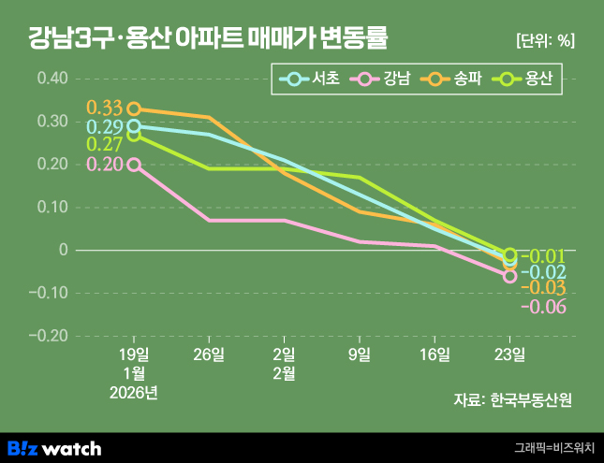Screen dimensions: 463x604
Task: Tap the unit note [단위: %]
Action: point(545,40)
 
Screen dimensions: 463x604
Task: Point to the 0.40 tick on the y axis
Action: point(52,79)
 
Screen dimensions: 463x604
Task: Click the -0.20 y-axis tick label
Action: point(50,336)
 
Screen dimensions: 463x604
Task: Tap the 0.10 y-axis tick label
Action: point(52,208)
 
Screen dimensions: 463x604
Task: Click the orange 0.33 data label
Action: point(104,109)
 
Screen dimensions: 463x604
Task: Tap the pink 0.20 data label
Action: point(105,165)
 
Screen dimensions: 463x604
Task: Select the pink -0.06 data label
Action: point(544,307)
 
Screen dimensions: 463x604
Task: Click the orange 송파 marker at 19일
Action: point(134,109)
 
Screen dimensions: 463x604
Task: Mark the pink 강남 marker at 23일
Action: point(509,276)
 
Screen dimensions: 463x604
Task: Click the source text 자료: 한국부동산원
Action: point(511,399)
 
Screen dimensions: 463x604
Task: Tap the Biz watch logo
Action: point(54,448)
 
